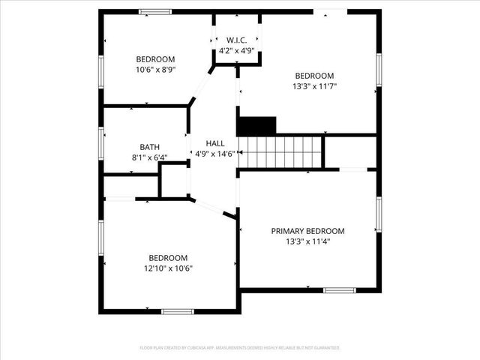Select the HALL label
tap(215, 142)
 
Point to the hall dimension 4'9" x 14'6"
tap(215, 153)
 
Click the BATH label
tap(150, 147)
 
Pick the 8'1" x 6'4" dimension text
tap(150, 157)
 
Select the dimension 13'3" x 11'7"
tap(314, 86)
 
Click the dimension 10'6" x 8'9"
tap(155, 70)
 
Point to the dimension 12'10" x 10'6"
tap(168, 268)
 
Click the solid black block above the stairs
tap(256, 125)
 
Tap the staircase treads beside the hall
tap(280, 151)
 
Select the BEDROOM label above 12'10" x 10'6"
tap(168, 257)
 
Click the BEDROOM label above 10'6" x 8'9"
tap(155, 59)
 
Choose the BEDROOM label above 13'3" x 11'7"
tap(314, 76)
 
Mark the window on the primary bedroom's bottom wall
tap(339, 289)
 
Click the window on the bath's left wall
tap(102, 141)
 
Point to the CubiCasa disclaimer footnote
tap(240, 348)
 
